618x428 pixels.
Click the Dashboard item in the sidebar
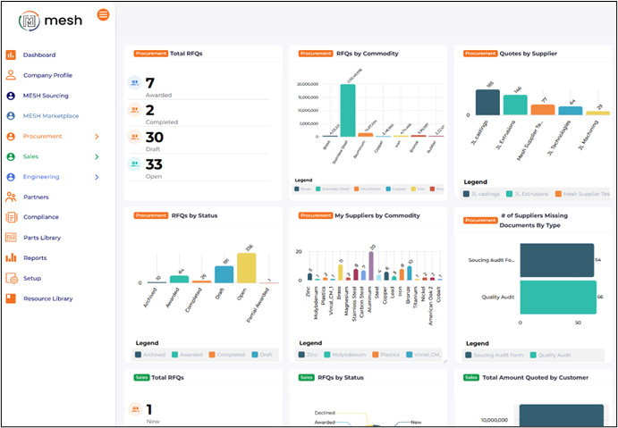pos(38,55)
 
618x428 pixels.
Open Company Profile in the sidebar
pos(47,75)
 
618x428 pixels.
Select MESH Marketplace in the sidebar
pos(50,116)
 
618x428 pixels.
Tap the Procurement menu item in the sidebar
pos(43,137)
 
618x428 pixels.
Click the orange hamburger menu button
pos(103,15)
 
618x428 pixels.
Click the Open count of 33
pos(154,164)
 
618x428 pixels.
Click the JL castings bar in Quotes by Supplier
pos(487,102)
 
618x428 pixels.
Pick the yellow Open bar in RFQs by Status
pos(247,267)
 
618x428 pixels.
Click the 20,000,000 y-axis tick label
pos(307,85)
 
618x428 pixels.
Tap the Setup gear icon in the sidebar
pos(12,278)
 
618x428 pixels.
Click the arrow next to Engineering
pos(97,177)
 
